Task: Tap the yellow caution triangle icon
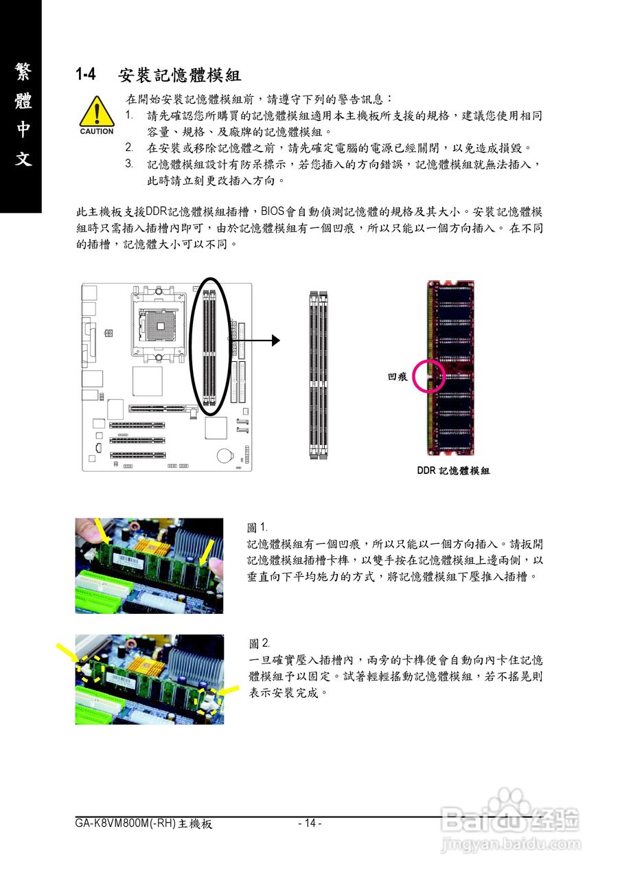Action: [97, 112]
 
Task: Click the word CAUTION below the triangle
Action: [97, 132]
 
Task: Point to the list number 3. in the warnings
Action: [129, 164]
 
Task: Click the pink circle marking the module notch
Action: [430, 376]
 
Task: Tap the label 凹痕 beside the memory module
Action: [398, 377]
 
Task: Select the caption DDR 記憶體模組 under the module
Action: [453, 471]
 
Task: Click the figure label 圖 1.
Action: [257, 527]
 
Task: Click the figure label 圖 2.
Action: [259, 643]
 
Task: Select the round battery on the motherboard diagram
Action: [224, 455]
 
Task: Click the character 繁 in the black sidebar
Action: [21, 71]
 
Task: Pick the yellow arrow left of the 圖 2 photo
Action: [67, 652]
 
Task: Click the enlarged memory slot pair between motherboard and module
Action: [318, 375]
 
